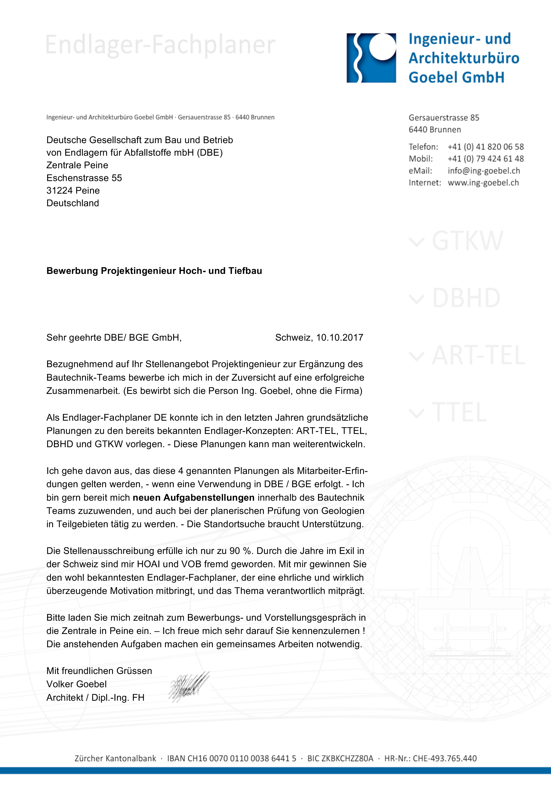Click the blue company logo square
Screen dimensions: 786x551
coord(371,58)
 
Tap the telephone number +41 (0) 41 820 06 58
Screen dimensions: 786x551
coord(486,147)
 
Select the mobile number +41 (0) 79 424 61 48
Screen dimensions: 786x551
coord(486,159)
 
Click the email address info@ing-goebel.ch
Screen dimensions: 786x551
coord(484,171)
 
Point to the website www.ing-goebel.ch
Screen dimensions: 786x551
coord(483,183)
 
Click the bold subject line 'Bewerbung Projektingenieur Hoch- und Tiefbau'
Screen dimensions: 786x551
coord(154,271)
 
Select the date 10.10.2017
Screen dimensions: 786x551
coord(339,337)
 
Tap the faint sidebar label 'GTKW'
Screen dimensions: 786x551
coord(467,241)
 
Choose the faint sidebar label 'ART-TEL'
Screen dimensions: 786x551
coord(478,355)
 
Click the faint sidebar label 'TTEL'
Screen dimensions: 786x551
coord(459,412)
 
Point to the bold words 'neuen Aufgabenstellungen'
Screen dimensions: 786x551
coord(193,497)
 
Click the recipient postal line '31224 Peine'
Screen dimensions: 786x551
coord(73,190)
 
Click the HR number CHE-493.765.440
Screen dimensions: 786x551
coord(444,758)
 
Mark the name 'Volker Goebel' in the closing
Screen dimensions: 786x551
coord(76,684)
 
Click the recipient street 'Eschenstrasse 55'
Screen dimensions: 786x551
coord(84,178)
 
